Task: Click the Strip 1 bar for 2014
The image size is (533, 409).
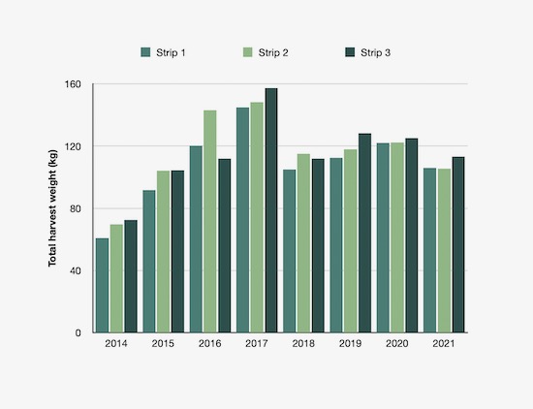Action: pos(102,285)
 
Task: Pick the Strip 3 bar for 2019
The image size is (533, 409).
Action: pos(365,233)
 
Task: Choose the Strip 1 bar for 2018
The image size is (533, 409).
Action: pos(290,251)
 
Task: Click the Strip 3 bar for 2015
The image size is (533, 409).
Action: pos(177,251)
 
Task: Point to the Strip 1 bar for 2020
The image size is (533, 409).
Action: pos(384,237)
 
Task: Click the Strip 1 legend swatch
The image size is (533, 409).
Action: pos(146,51)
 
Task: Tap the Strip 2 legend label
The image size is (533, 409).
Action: pos(273,51)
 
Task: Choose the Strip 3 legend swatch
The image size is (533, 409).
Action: pos(351,51)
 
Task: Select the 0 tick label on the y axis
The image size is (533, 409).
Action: pos(79,332)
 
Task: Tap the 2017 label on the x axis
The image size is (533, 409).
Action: pos(257,345)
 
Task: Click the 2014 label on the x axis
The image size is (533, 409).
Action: pos(116,345)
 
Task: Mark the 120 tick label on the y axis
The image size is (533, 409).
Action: pos(74,146)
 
